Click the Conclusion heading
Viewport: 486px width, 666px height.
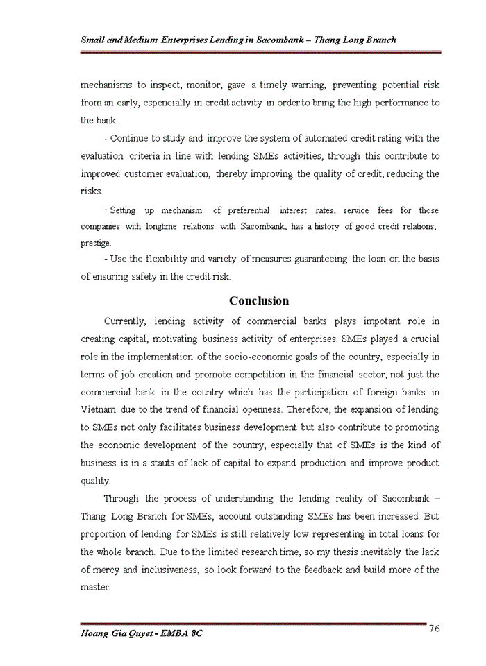point(259,301)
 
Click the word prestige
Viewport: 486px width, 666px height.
point(95,244)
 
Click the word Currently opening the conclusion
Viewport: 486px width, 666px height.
point(124,321)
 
